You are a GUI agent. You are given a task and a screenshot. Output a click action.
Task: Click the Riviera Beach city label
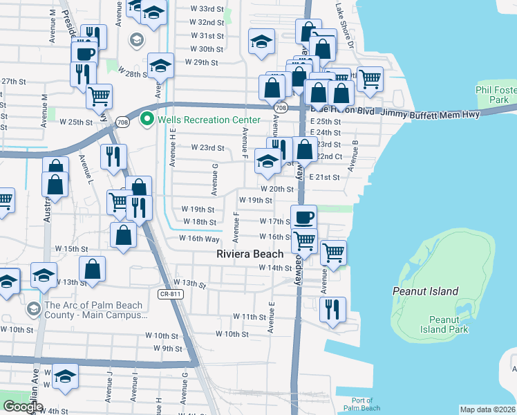250,254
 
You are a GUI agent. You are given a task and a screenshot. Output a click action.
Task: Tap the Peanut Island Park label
449,324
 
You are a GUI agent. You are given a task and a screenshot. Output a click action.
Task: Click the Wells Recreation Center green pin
147,120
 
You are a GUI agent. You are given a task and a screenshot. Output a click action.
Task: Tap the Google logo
23,406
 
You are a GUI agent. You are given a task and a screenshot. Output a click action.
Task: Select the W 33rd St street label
207,9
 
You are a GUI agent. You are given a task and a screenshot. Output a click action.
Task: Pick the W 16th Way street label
199,238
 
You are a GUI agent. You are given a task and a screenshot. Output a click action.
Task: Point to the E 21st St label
324,178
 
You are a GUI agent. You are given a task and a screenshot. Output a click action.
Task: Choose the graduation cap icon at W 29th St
161,66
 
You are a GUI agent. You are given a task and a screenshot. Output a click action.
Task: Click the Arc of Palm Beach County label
93,310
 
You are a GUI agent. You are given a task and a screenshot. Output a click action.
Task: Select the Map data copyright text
487,409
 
